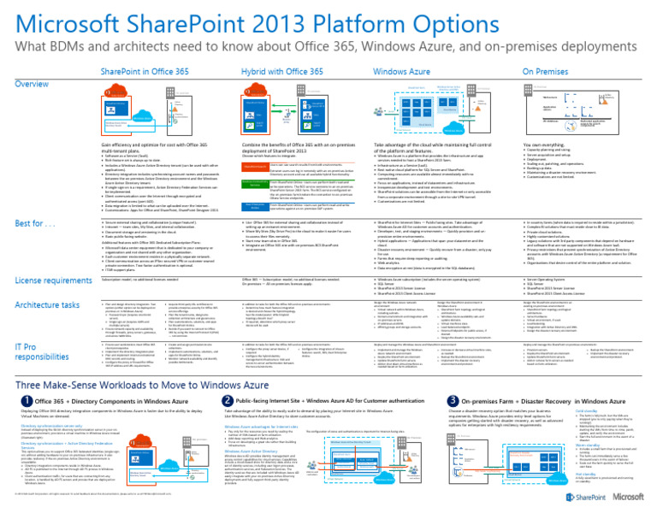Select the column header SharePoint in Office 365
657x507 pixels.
point(144,74)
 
